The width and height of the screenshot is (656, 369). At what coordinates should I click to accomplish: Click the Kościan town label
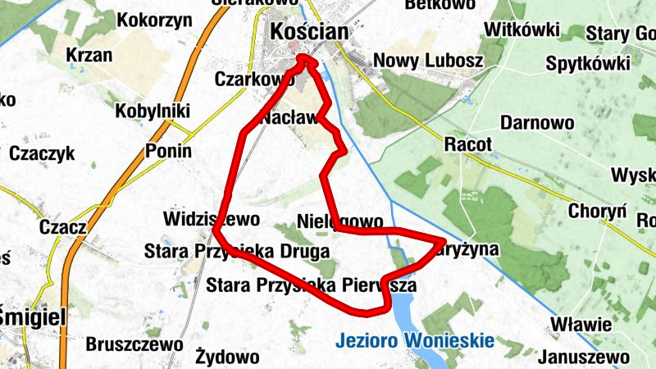coord(309,33)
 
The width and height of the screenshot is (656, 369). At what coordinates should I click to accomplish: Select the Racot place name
coord(468,145)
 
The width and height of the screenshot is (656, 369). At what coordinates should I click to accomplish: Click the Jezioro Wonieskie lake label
coord(413,339)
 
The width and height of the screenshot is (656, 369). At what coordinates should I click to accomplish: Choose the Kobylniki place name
coord(153,111)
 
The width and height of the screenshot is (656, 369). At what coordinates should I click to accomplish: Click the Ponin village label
coord(168,151)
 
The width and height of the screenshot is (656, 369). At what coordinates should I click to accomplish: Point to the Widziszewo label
coord(212,220)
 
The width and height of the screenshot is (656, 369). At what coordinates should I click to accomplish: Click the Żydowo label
coord(228,357)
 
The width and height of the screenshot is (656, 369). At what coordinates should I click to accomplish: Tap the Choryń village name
coord(597,211)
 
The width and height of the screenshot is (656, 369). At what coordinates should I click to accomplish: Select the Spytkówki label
coord(587,63)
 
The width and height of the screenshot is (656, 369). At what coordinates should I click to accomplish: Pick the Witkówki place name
coord(522,30)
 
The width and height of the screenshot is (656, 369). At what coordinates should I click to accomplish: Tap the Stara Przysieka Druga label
coord(236,251)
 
